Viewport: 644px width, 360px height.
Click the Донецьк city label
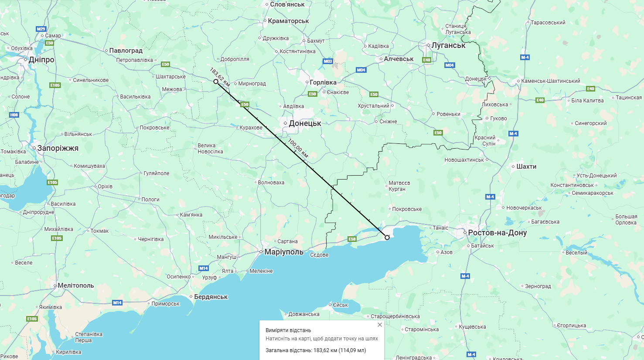coord(305,123)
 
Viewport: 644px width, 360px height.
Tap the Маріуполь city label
coord(283,252)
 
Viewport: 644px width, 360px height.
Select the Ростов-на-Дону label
coord(497,233)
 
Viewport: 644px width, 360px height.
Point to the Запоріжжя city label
coord(58,148)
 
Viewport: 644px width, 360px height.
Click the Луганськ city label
coord(448,45)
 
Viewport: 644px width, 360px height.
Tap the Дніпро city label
coord(41,60)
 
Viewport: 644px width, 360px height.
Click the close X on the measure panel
coord(379,325)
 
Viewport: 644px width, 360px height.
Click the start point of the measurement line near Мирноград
coord(216,82)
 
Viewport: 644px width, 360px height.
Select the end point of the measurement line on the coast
coord(387,238)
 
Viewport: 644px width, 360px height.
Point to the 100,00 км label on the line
coord(298,148)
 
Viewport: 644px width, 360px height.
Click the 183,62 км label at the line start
coord(219,77)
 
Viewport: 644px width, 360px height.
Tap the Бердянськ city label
coord(211,297)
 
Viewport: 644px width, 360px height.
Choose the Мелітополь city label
coord(76,285)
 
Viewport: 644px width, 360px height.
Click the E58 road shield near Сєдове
coord(352,239)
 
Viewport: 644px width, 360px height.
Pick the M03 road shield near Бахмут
coord(327,61)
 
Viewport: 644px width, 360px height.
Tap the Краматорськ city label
coord(288,21)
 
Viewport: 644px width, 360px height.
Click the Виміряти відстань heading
coord(288,330)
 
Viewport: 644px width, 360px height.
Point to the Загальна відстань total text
coord(316,350)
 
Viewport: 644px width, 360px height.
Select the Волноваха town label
coord(271,183)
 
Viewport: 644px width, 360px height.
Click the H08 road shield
coord(14,115)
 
